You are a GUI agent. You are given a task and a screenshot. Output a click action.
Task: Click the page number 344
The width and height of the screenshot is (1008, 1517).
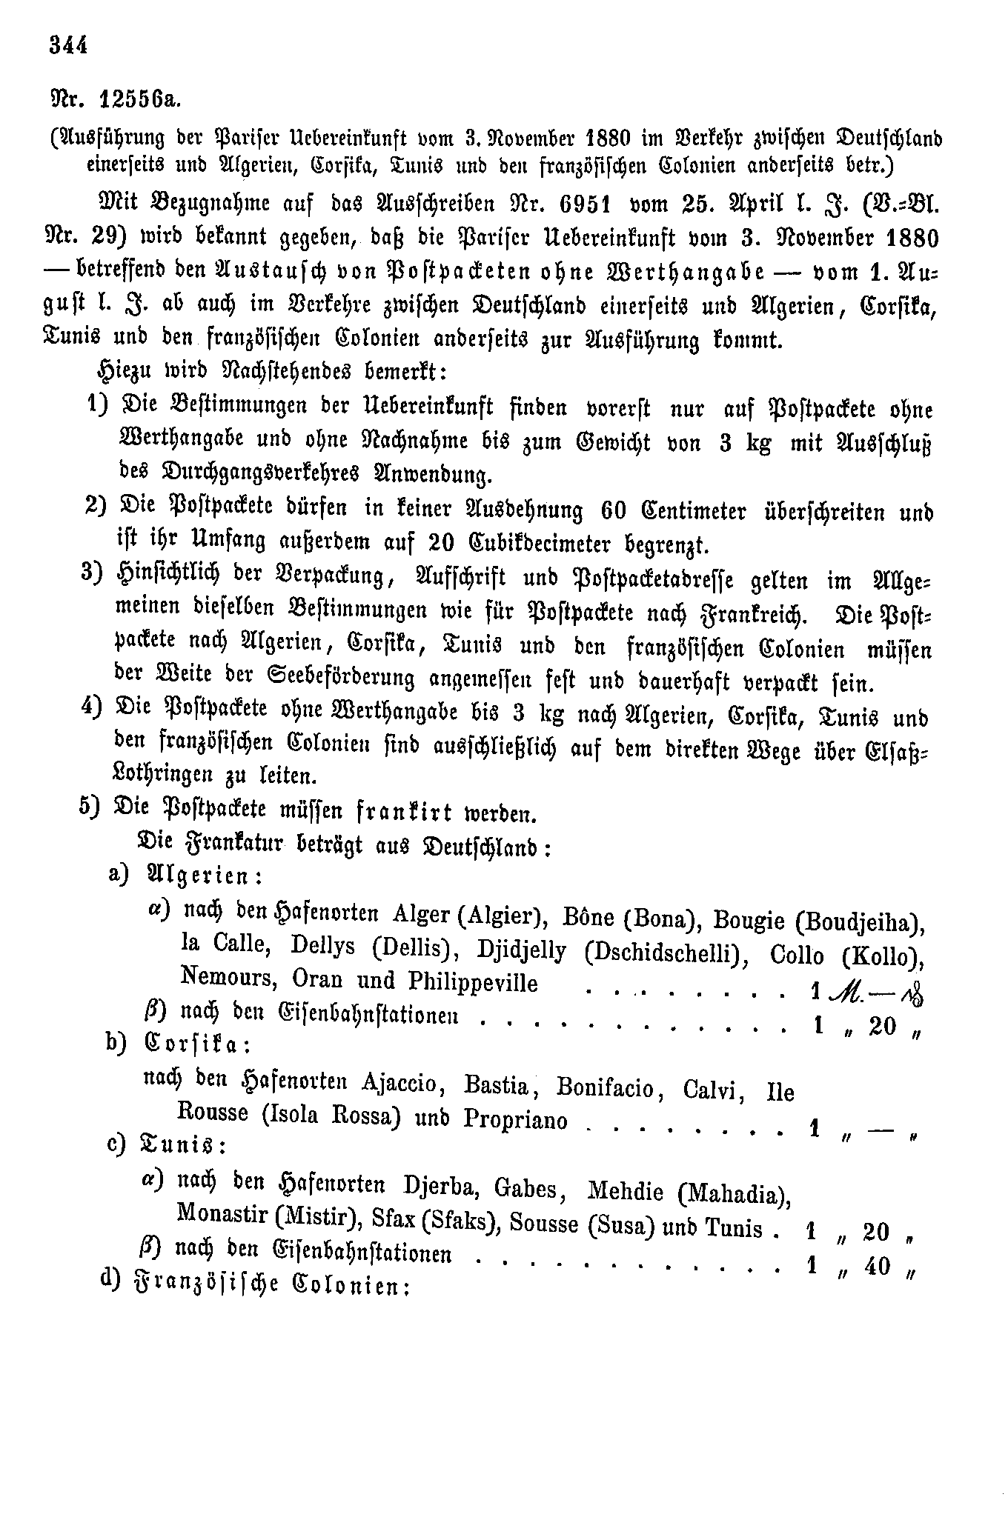tap(68, 45)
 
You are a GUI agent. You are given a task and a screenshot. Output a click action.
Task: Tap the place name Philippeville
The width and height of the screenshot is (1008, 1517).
tap(473, 981)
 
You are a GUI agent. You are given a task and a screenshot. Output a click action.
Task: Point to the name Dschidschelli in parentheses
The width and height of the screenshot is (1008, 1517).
tap(664, 953)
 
